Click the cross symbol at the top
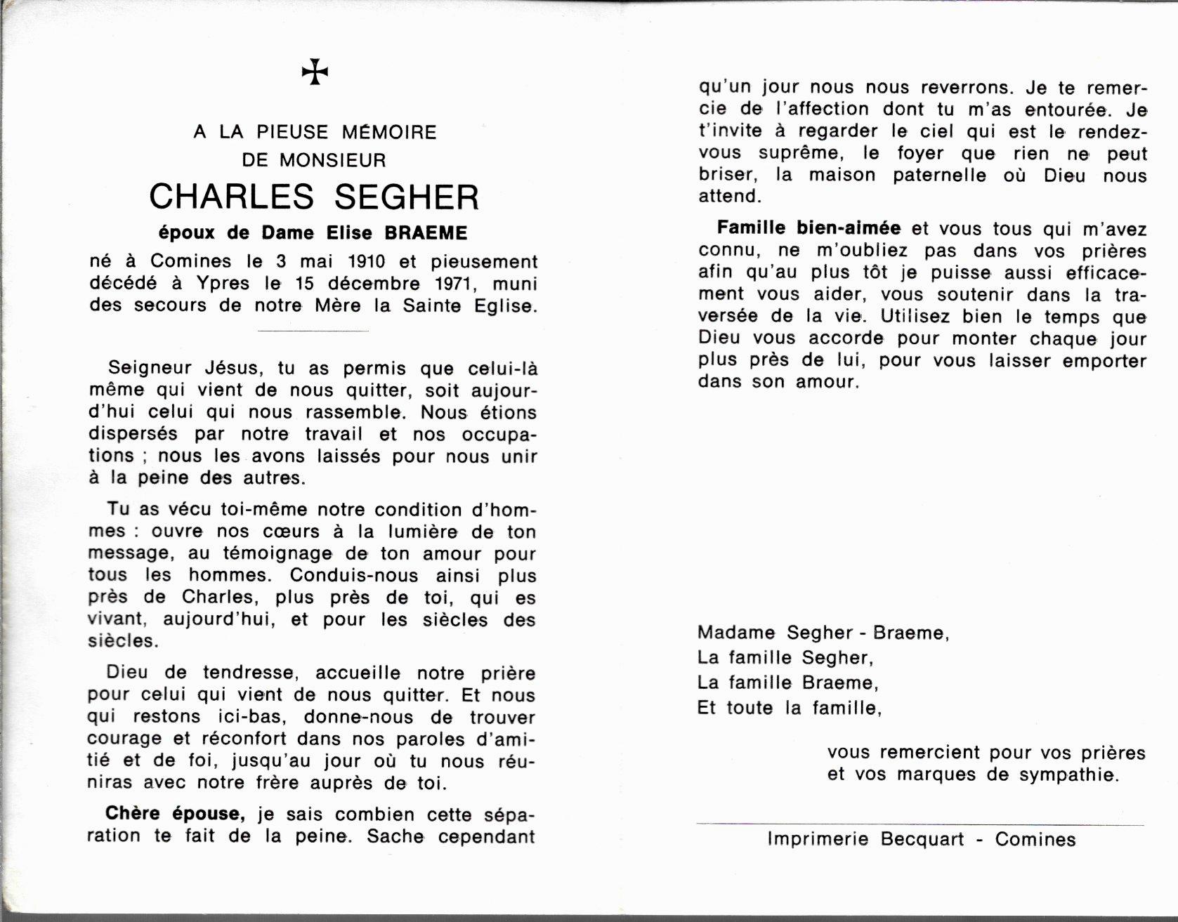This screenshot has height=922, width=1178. pos(315,72)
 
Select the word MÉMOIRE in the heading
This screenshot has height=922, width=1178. pos(389,132)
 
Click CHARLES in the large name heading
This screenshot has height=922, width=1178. pos(232,197)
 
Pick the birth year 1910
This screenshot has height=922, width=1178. pos(367,262)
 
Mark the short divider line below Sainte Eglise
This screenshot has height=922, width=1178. pos(313,330)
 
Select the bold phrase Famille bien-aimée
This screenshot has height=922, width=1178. pos(809,228)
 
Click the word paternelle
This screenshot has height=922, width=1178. pos(939,175)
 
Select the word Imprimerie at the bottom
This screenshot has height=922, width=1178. pos(818,839)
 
